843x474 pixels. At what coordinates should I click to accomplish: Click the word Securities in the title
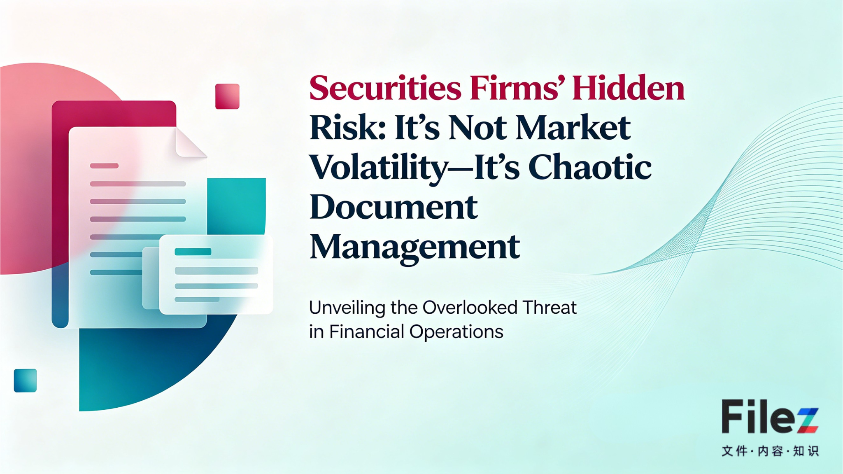(385, 88)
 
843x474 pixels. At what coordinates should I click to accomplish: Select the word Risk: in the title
(347, 128)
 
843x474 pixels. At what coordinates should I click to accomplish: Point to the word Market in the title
(573, 128)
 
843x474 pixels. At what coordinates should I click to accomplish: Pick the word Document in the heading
(393, 207)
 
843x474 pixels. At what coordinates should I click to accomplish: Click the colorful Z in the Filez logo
(808, 420)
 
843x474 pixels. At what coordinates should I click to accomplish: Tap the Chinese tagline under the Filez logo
(770, 451)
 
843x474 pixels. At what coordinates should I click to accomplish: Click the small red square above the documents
(227, 96)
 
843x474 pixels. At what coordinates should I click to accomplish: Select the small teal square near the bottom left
(25, 380)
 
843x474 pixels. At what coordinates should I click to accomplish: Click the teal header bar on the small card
(193, 252)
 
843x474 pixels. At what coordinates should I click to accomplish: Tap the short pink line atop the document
(104, 166)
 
